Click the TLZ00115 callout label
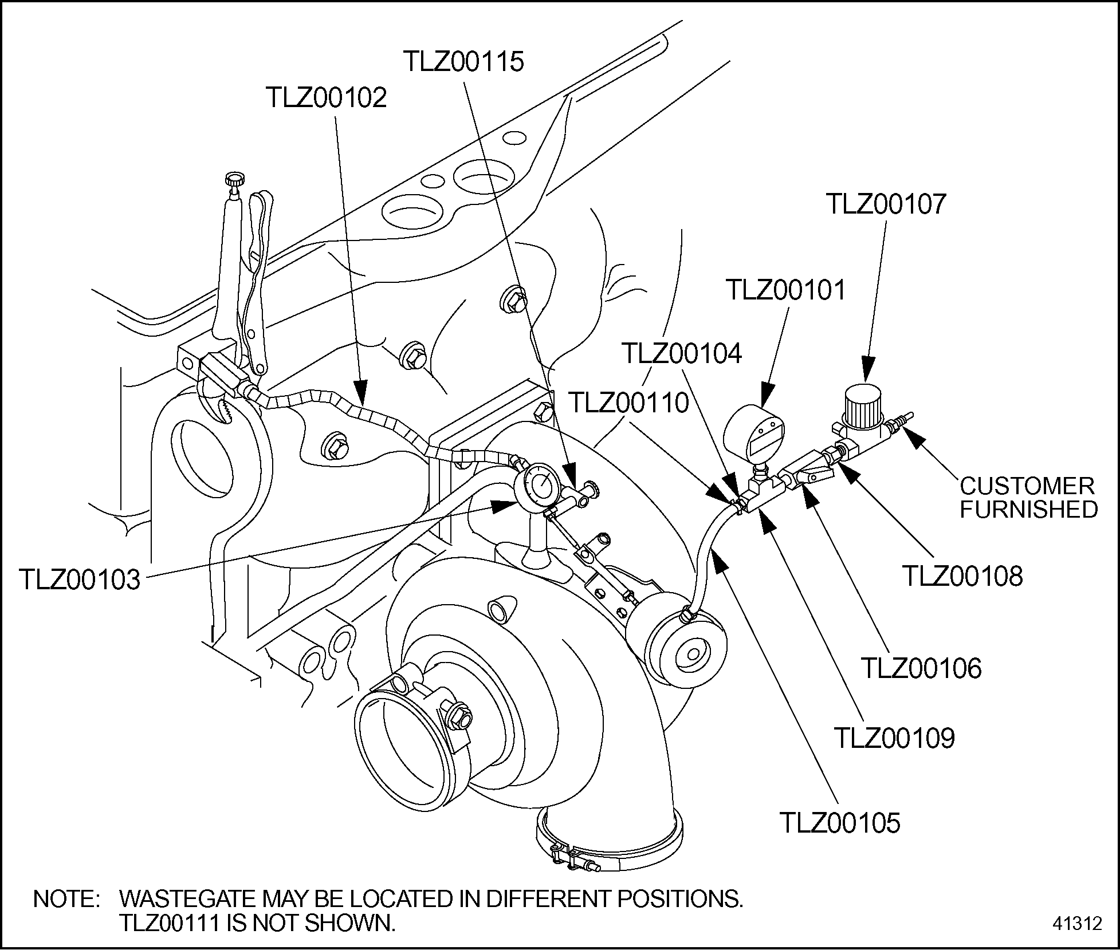463,62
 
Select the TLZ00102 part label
326,98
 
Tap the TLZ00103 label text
80,580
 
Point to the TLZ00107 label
886,204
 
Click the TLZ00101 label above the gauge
785,290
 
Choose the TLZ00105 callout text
840,823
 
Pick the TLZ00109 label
894,738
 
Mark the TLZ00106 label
921,668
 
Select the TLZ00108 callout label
962,576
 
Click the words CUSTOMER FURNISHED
1028,498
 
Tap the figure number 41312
1076,923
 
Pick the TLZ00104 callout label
682,353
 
